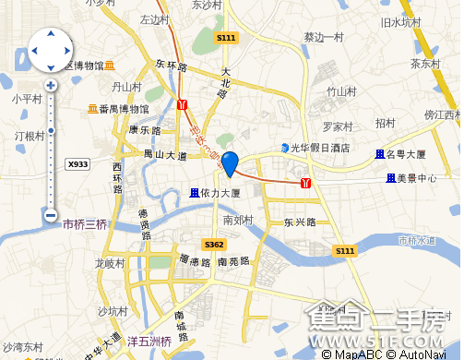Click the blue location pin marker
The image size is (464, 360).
click(x=230, y=162)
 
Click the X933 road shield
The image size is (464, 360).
click(x=78, y=164)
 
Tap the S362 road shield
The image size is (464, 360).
click(x=213, y=245)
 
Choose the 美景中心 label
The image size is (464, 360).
click(x=410, y=177)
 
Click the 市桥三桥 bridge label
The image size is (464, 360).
click(x=85, y=224)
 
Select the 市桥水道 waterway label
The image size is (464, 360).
click(x=416, y=240)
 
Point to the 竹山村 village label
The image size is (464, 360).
click(x=341, y=91)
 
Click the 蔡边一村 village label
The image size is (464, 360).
click(x=323, y=38)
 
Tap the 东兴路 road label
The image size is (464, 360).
click(x=300, y=222)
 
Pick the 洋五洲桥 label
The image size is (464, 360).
click(x=149, y=342)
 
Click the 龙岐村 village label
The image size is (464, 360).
click(x=109, y=263)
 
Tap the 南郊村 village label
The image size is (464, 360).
click(x=239, y=220)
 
